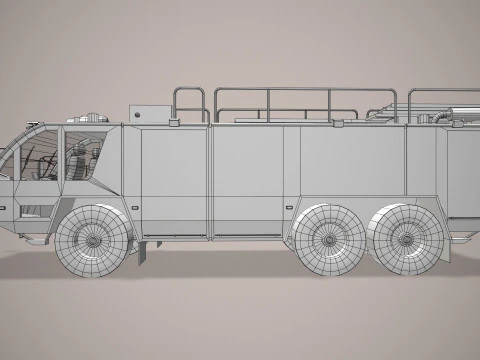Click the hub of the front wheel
click(x=92, y=240)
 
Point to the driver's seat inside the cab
click(x=77, y=160)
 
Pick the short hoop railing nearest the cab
click(x=191, y=103)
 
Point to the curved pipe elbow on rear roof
click(x=441, y=117)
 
